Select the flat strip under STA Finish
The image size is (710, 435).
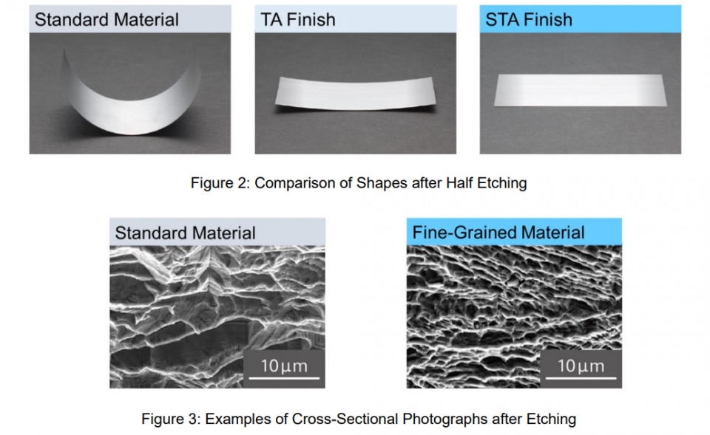581,90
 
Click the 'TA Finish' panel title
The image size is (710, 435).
298,20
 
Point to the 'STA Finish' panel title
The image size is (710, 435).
529,20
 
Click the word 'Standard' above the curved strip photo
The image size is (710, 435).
72,20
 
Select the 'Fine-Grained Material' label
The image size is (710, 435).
498,233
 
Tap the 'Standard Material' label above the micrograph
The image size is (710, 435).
185,233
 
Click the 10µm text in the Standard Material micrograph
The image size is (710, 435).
284,366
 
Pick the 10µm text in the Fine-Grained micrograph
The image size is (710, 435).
581,366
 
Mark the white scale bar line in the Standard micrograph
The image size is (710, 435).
284,377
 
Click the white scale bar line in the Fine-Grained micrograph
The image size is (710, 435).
581,377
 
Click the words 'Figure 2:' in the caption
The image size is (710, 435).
220,183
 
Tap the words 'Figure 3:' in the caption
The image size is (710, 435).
171,419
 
